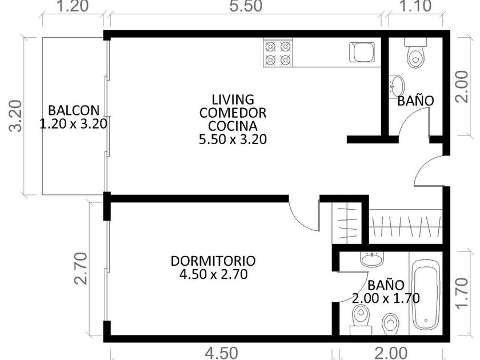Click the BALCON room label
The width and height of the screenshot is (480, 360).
(x=74, y=110)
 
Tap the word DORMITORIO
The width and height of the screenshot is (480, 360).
(x=213, y=261)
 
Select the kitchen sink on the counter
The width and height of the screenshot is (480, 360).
(x=362, y=52)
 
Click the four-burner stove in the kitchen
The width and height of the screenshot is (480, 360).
(x=278, y=53)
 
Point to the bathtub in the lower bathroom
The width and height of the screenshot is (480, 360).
(x=426, y=293)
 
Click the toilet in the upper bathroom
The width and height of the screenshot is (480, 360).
(x=415, y=52)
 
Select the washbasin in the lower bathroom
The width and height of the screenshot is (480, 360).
(x=371, y=259)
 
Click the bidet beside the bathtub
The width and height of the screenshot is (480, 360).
(x=390, y=323)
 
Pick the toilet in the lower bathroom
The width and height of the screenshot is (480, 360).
(x=361, y=319)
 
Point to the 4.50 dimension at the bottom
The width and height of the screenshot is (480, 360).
(x=221, y=353)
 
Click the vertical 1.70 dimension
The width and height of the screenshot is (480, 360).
(x=462, y=293)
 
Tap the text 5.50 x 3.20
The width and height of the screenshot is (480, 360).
(x=233, y=139)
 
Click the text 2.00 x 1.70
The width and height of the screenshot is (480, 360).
(x=386, y=298)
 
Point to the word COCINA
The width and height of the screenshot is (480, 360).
(x=233, y=126)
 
